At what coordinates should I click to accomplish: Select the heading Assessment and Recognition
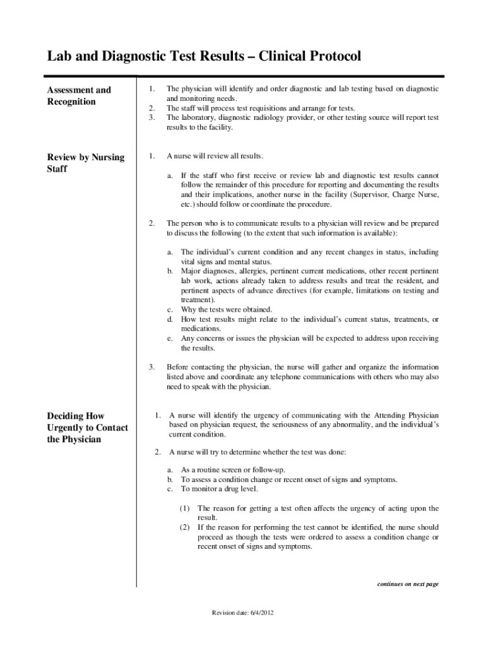[79, 96]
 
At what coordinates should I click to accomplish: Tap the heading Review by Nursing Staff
[86, 163]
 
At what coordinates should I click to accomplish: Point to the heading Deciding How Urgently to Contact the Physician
[88, 427]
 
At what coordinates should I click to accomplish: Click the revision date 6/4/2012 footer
[243, 613]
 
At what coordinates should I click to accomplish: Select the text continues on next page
[408, 584]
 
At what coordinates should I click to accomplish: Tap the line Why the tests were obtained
[227, 310]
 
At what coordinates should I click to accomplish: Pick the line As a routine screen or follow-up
[233, 470]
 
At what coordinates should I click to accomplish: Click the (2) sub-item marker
[184, 527]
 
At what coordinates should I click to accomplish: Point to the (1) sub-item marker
[184, 508]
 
